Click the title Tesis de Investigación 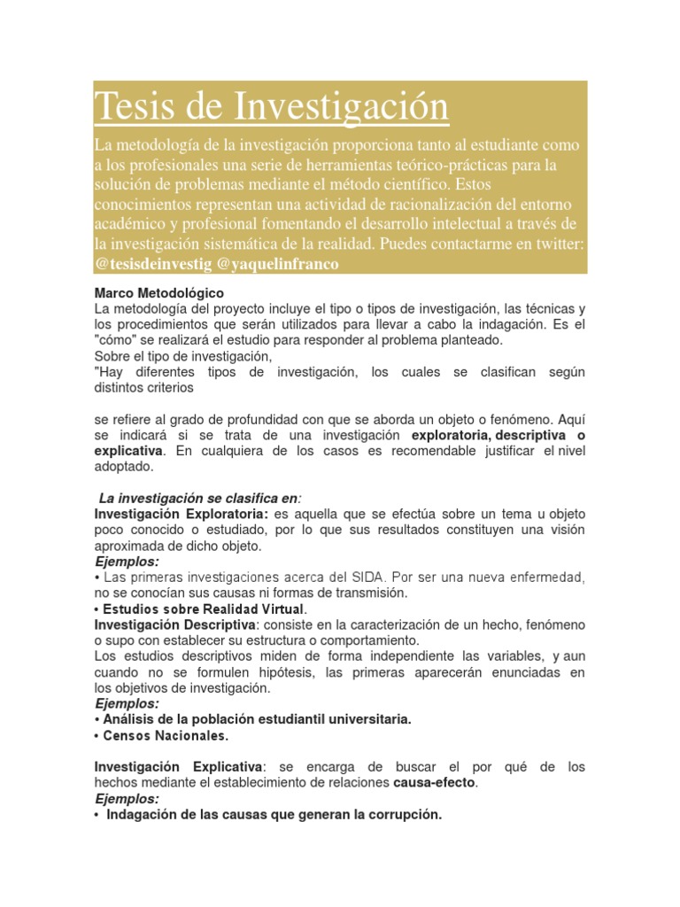[x=272, y=107]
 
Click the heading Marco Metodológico [x=159, y=292]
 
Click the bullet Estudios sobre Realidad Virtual [x=203, y=609]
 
